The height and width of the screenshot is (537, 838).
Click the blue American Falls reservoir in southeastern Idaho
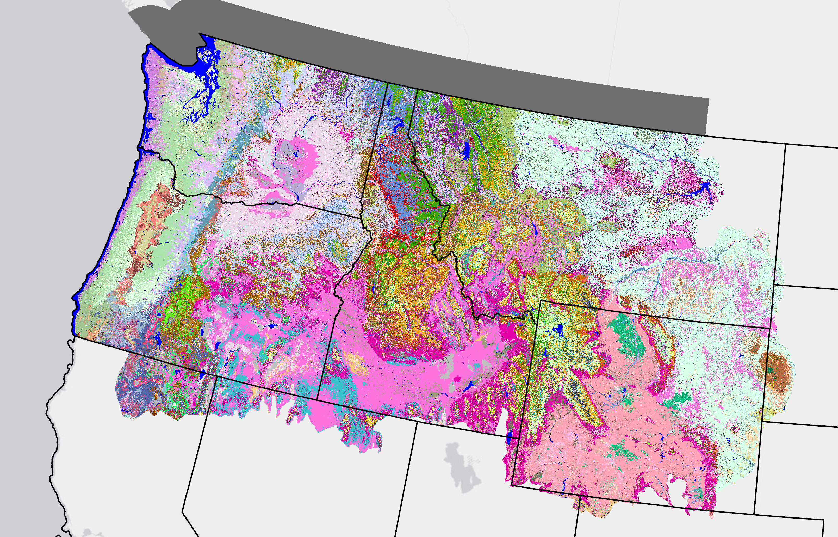pos(469,386)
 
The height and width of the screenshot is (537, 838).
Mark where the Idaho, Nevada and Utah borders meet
pos(417,421)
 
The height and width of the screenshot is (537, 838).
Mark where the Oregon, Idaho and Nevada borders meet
pos(317,398)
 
